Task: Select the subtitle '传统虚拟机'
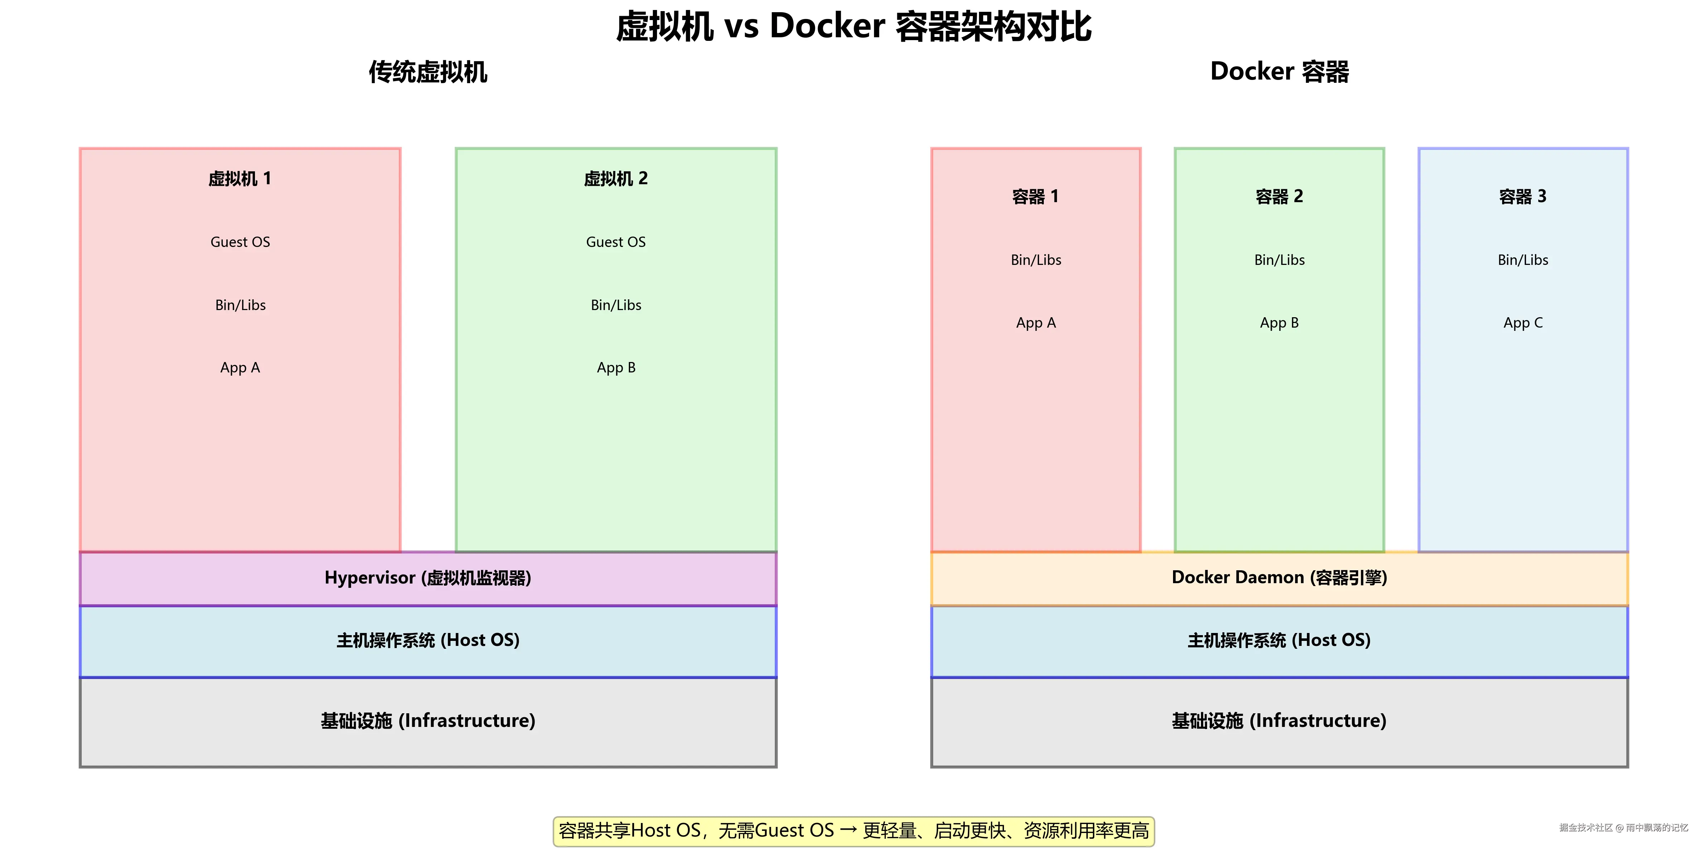click(x=428, y=72)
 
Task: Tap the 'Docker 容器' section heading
click(x=1279, y=72)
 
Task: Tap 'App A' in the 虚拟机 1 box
click(x=240, y=368)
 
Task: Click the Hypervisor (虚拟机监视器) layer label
click(x=428, y=578)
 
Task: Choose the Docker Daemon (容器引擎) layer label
click(x=1279, y=577)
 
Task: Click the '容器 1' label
click(x=1035, y=196)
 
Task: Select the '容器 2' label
click(x=1279, y=196)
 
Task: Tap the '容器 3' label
click(x=1523, y=196)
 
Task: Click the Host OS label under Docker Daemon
click(x=1279, y=640)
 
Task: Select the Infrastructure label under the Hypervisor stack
click(x=428, y=720)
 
